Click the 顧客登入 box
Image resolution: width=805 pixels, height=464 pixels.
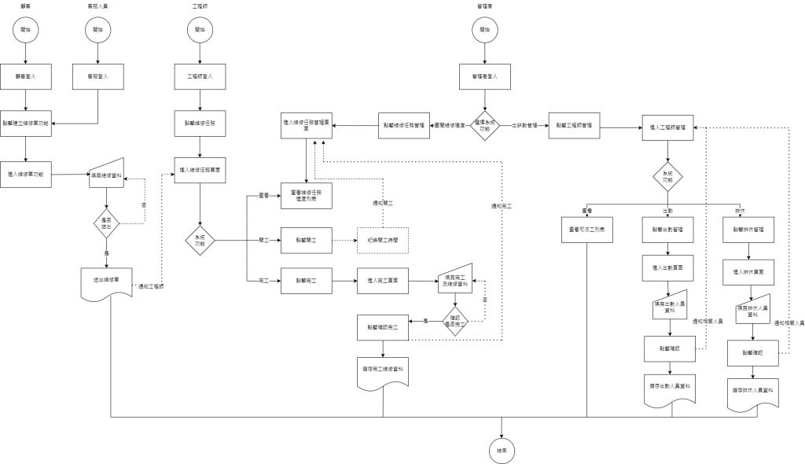point(27,77)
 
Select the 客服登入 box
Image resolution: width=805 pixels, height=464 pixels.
point(97,77)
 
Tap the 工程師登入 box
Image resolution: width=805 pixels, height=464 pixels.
point(200,77)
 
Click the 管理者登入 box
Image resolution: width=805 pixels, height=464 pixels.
point(485,77)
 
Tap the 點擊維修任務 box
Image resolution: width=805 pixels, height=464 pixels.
point(200,124)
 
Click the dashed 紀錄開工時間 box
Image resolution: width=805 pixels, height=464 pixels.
point(384,238)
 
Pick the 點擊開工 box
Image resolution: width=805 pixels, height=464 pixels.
point(307,238)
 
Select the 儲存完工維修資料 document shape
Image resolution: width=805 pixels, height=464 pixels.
point(383,369)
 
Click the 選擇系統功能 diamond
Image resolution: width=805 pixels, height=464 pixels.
point(485,124)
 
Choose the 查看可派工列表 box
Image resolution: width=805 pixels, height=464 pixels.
point(587,230)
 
